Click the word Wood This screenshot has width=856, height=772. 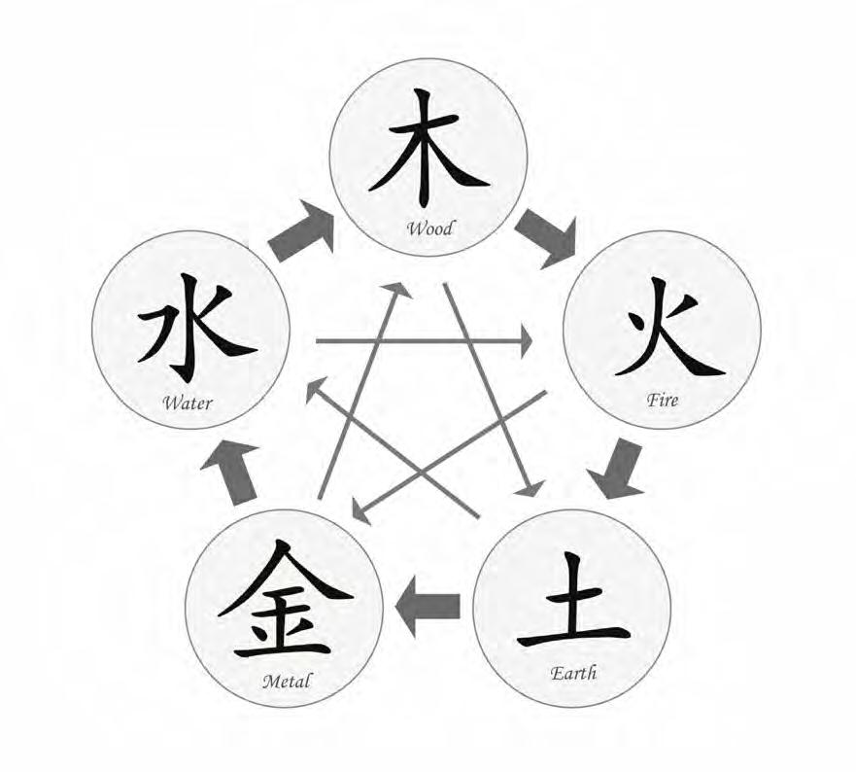(x=430, y=229)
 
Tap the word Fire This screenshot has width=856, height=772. (x=664, y=400)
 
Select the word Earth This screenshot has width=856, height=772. (x=573, y=673)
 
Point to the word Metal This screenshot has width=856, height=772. (x=287, y=681)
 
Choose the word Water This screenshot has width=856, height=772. (x=188, y=402)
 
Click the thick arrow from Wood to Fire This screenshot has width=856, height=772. (x=546, y=234)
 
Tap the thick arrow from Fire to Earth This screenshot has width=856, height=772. (x=619, y=468)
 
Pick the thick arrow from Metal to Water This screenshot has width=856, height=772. (x=232, y=468)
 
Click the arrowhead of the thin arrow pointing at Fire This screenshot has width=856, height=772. (x=526, y=341)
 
